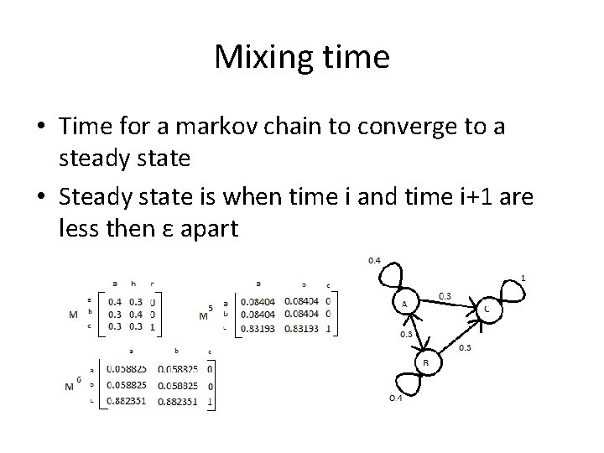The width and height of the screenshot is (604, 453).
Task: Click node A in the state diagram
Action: (x=404, y=303)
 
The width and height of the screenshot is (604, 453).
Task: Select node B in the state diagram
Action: (x=426, y=362)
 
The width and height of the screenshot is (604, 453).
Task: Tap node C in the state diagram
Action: (x=487, y=309)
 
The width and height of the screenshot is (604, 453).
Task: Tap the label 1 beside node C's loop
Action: (x=524, y=278)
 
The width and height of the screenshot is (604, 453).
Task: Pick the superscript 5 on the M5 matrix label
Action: (x=210, y=307)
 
